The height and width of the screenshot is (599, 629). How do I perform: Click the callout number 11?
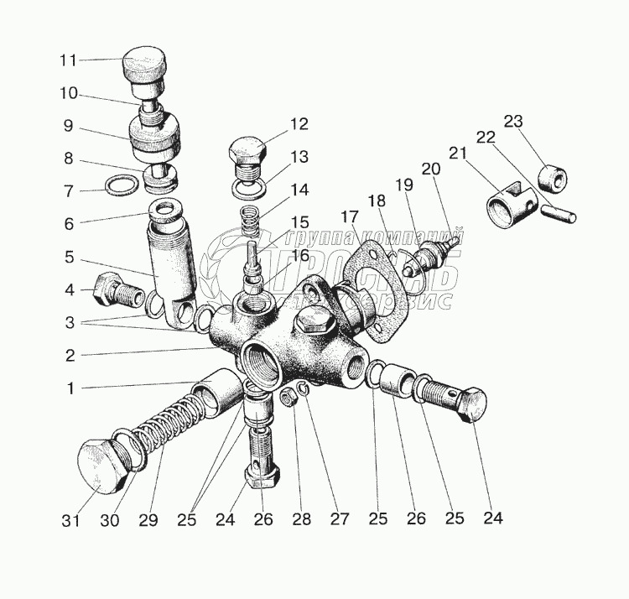coord(68,60)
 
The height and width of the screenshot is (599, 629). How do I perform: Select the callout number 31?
coord(70,520)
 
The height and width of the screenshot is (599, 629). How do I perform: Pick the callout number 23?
coord(513,120)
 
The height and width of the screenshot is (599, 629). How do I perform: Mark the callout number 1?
coord(71,388)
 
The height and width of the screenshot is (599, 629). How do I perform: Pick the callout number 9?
coord(68,127)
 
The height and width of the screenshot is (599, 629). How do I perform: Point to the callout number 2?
coord(70,355)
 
